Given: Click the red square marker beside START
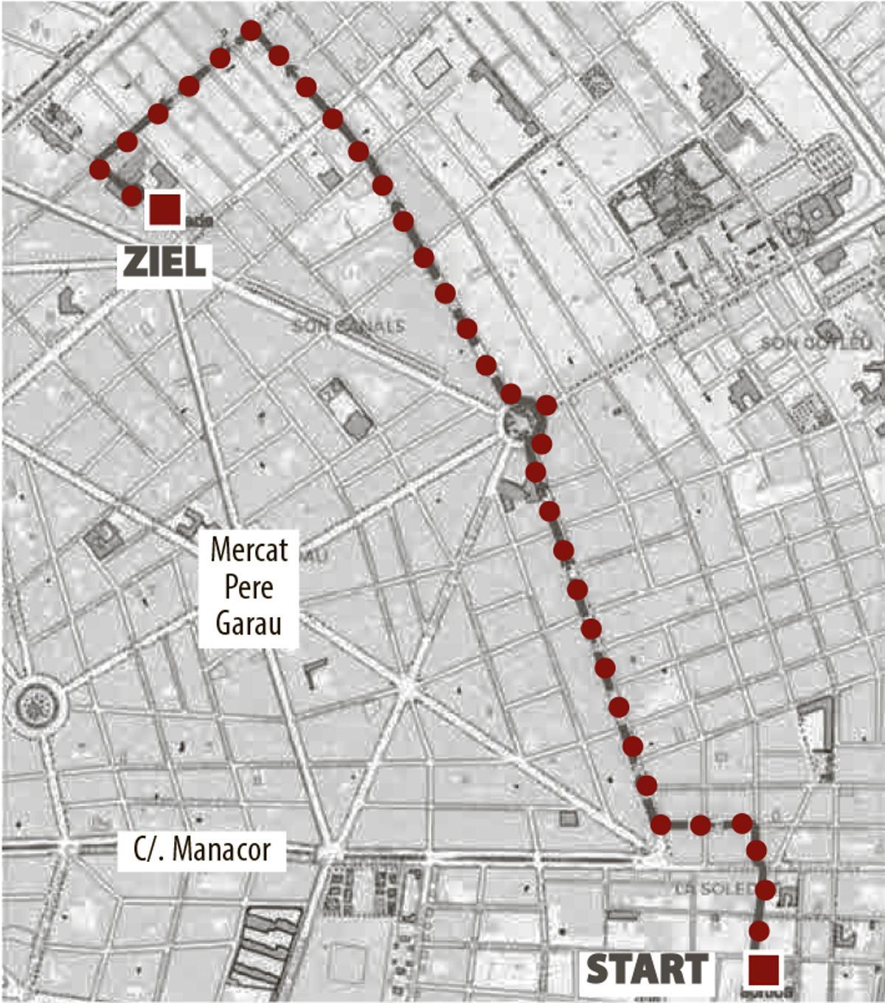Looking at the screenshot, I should tap(763, 970).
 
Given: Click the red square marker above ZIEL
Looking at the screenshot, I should tap(165, 210).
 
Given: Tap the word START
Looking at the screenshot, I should tap(647, 970).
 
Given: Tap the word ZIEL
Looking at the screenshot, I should tap(164, 262).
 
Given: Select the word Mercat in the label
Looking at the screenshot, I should tap(249, 550).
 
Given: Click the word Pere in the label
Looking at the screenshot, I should tap(249, 587).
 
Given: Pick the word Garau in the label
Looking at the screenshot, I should tap(249, 624).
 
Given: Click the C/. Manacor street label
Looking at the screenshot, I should tap(201, 849).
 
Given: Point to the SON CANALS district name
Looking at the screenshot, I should tap(348, 325).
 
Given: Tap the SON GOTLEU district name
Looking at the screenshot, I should tap(815, 342).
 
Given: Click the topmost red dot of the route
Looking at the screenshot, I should tap(251, 30).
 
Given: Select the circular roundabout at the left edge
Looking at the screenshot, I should tap(36, 706).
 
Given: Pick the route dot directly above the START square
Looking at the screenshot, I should tap(759, 930).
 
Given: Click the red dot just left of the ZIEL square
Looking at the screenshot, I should tap(131, 196).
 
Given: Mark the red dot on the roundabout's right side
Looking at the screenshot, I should tap(546, 405).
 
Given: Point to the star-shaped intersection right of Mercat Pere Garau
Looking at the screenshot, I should tap(407, 688).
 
